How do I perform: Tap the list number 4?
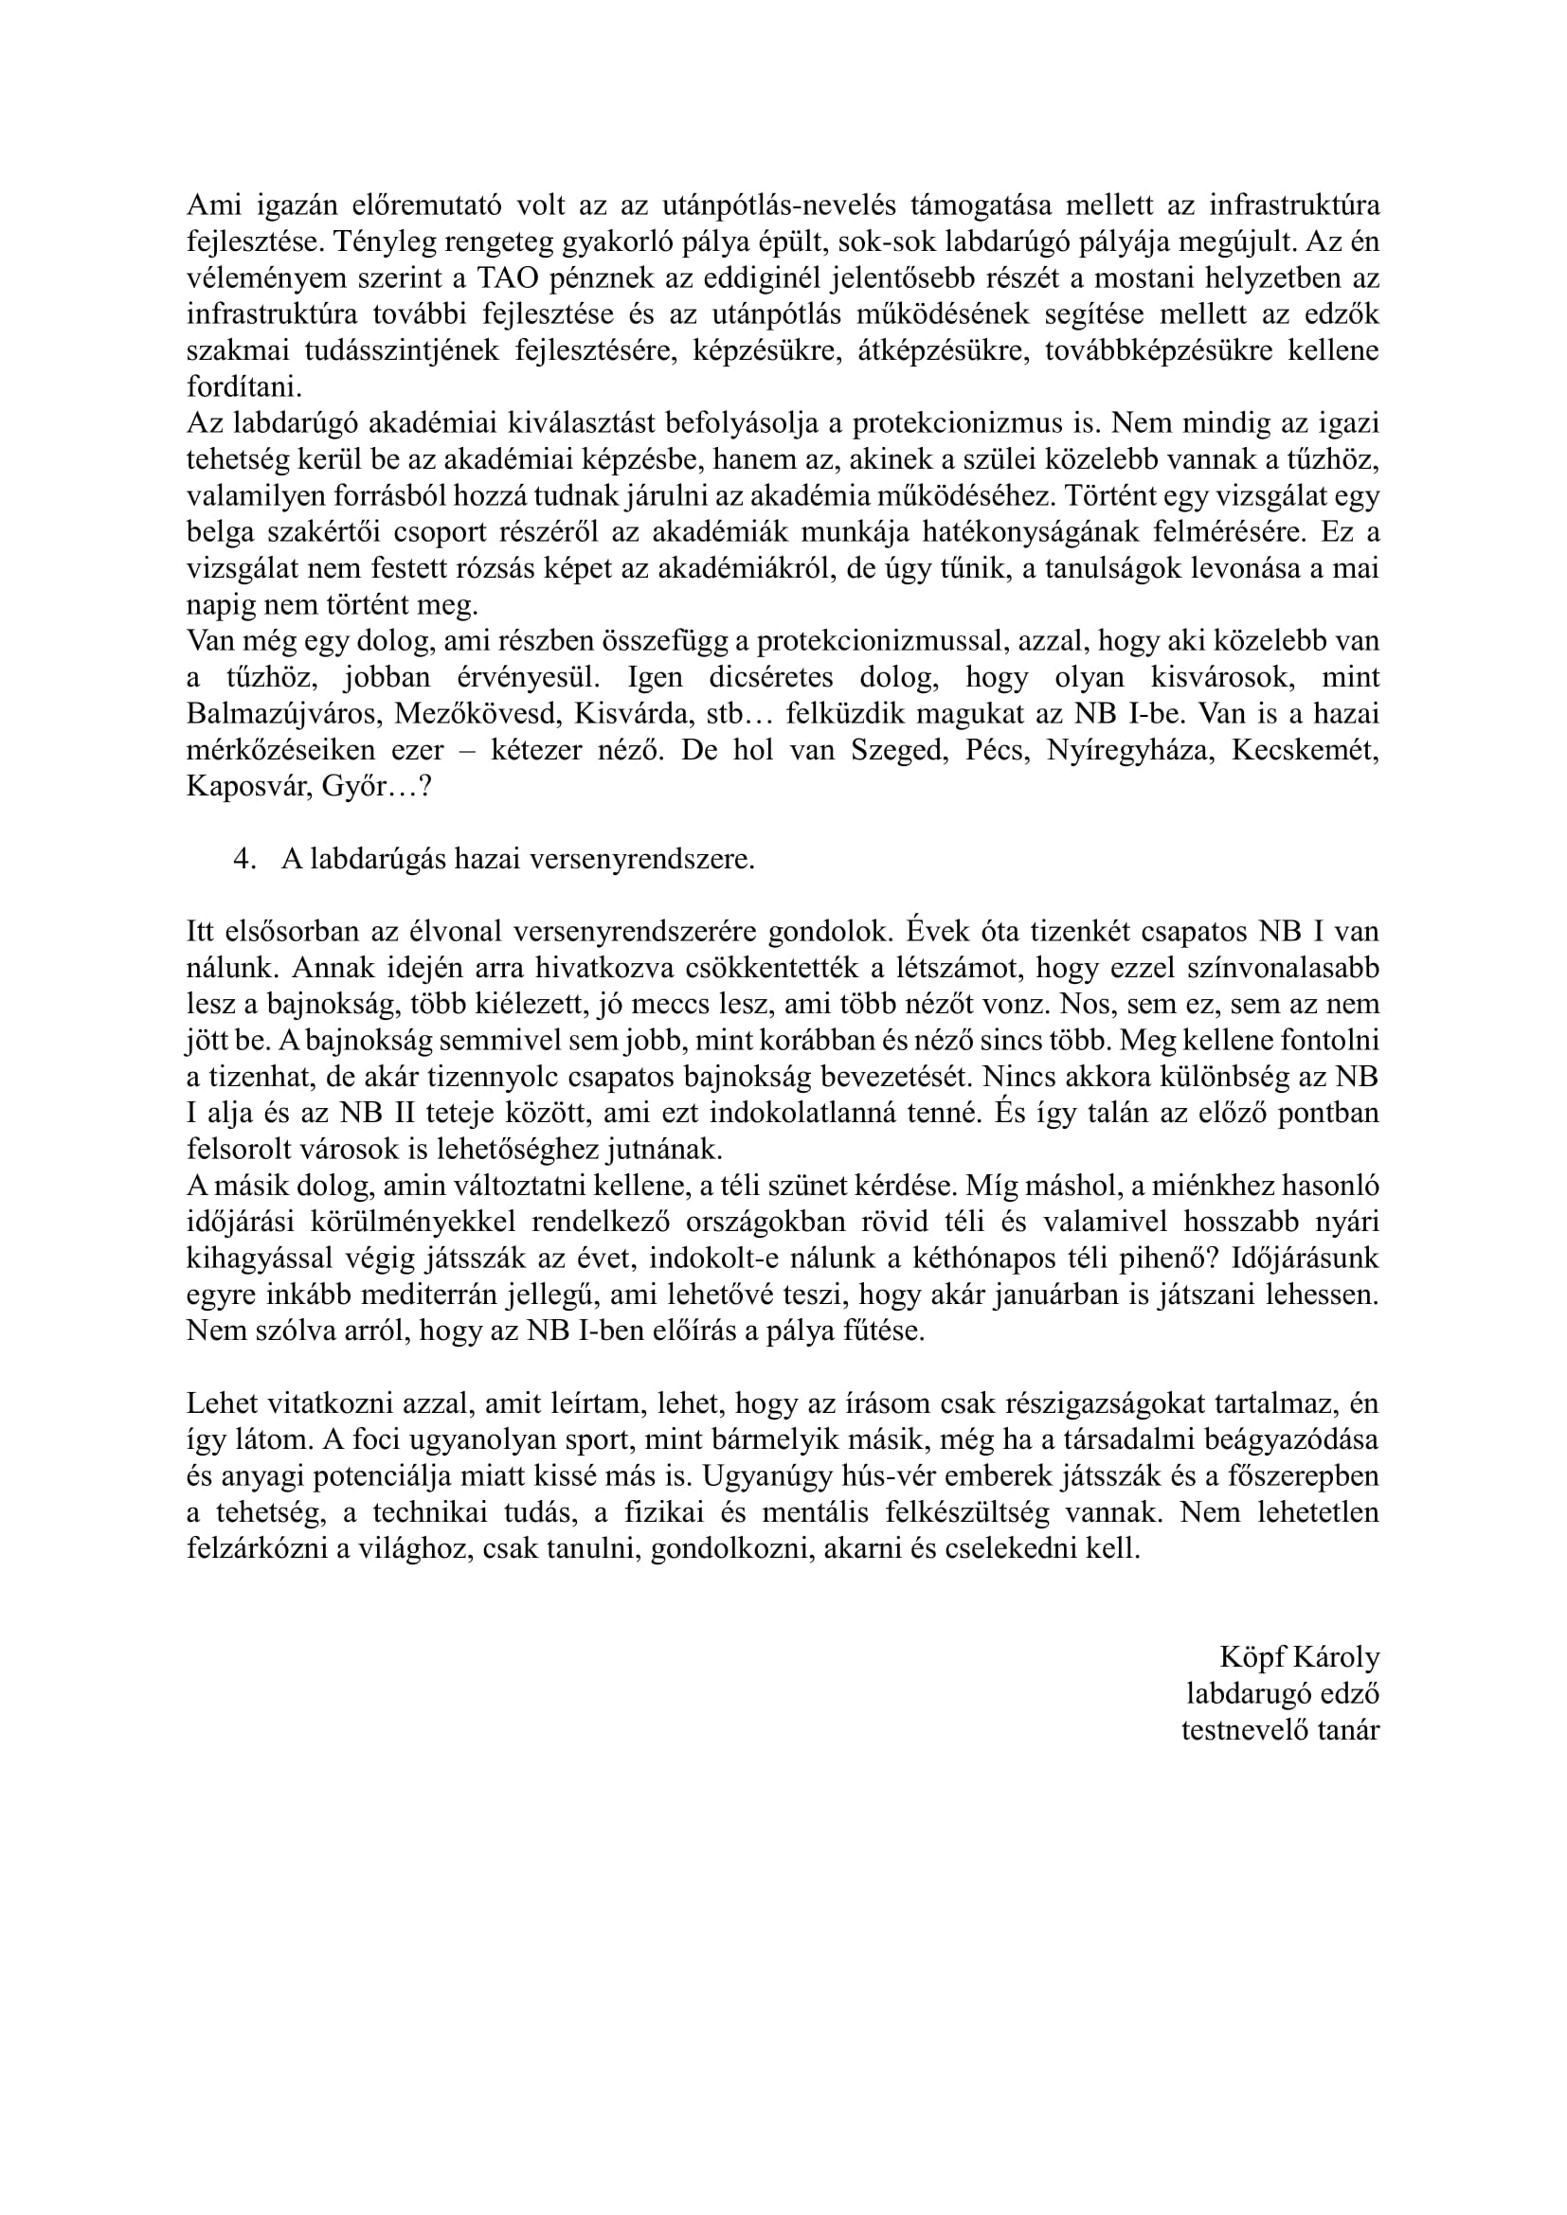[243, 860]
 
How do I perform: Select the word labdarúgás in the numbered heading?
[368, 860]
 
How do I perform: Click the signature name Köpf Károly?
[1299, 1657]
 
